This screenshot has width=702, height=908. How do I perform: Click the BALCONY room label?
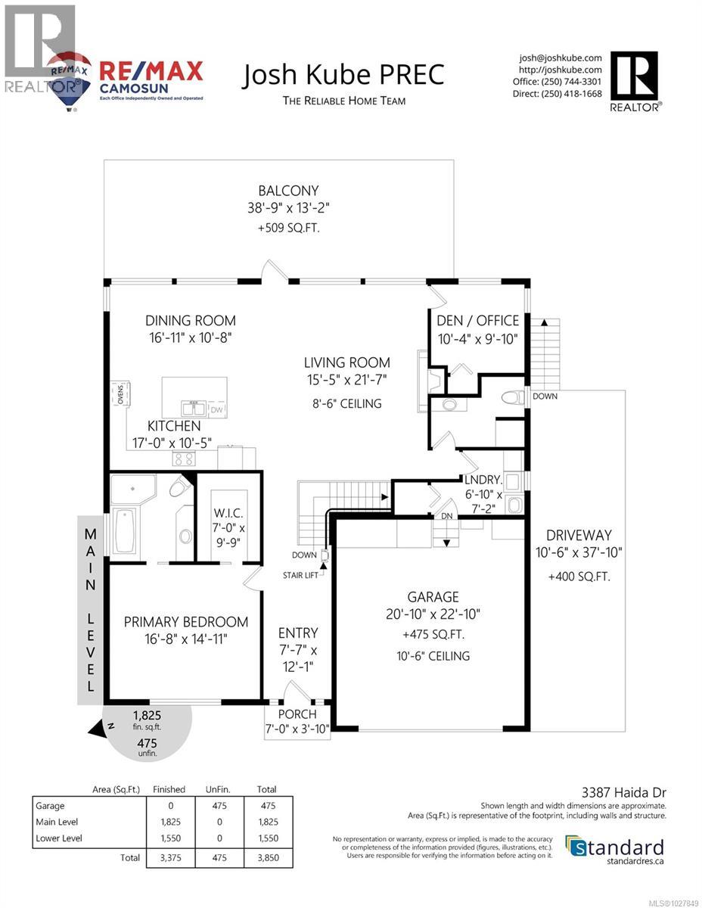pos(288,191)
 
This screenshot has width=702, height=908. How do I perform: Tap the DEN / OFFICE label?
pos(478,320)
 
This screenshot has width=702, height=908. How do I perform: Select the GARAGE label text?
pos(431,597)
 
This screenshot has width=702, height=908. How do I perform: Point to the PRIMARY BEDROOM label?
pos(186,622)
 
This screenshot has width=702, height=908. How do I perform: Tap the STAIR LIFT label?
pos(302,575)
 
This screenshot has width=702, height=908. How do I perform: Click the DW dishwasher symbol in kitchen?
pos(216,409)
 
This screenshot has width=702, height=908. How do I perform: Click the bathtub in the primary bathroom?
pos(124,531)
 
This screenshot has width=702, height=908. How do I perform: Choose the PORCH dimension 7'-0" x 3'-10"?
pos(297,729)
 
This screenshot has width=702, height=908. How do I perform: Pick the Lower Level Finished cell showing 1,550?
pos(169,838)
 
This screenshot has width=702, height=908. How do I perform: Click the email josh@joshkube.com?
pos(560,58)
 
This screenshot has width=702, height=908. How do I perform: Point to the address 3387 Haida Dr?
pos(627,793)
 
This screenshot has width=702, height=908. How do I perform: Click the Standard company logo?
pos(615,847)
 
